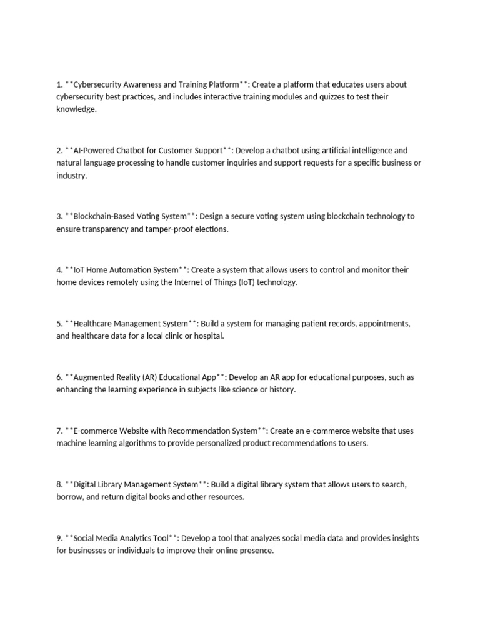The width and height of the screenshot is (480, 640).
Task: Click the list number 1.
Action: click(59, 84)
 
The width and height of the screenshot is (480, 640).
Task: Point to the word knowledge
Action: click(76, 109)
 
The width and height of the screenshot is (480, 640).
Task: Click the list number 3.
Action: click(59, 217)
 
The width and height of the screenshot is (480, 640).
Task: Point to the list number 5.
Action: click(59, 324)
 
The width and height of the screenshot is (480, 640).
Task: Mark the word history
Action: click(282, 390)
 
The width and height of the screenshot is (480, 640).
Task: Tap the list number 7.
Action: click(59, 431)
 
